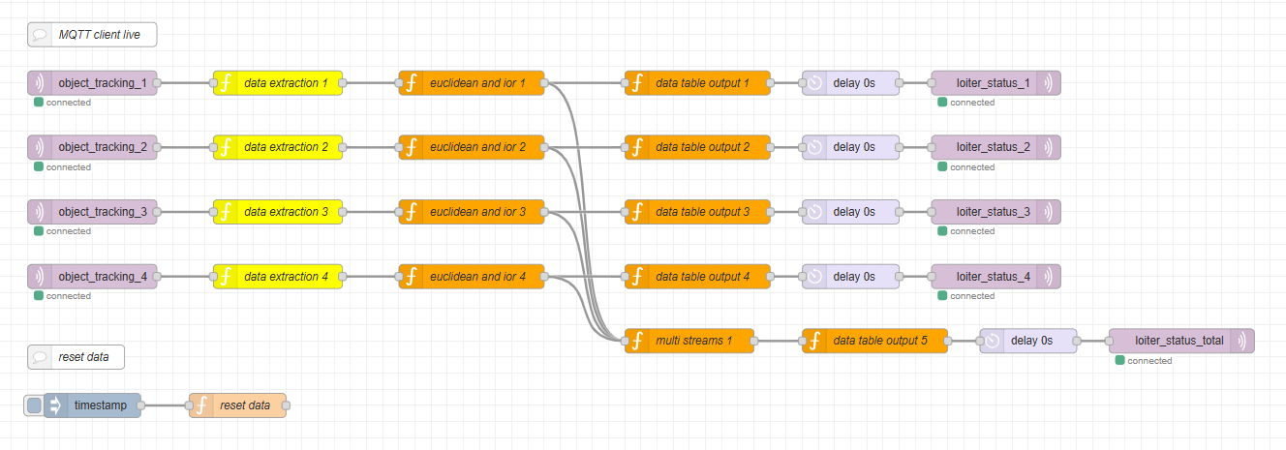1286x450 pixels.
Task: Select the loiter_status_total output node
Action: coord(1180,341)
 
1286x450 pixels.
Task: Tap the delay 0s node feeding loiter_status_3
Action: coord(850,212)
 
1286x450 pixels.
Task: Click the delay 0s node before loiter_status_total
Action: coord(1027,341)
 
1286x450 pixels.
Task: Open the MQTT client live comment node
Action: coord(92,35)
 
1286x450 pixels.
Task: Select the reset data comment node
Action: coord(77,357)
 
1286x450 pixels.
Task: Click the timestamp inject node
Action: coord(92,405)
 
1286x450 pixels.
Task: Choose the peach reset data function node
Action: coord(237,405)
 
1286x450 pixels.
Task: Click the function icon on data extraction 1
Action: coord(225,83)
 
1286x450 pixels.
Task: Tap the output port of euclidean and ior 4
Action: coord(544,277)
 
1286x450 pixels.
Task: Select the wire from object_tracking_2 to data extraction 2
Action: coord(185,147)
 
